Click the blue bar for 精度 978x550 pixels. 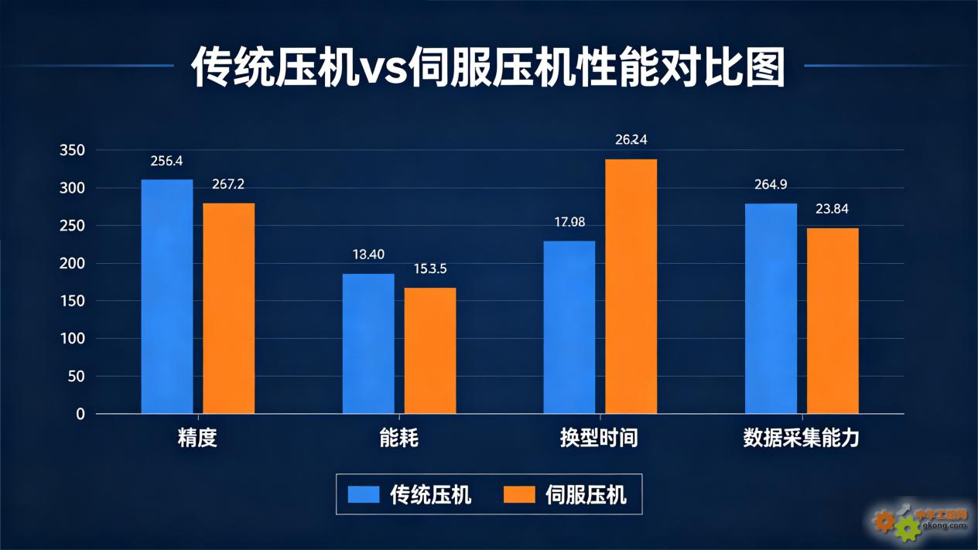coord(167,296)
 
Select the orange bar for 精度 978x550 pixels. coord(229,308)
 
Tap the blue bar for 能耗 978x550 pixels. coord(368,343)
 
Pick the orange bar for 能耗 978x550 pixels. coord(430,350)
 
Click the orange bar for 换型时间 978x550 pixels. coord(631,286)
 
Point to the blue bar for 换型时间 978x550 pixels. coord(569,327)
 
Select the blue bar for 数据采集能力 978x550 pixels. coord(771,309)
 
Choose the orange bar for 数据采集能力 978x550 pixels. coord(833,320)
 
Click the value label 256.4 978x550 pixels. coord(167,161)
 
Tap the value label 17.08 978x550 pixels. coord(569,222)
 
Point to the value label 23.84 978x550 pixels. coord(833,209)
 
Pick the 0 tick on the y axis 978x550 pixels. coord(80,414)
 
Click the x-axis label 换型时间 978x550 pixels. coord(600,439)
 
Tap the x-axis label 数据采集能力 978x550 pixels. coord(801,439)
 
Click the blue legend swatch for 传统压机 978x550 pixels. coord(364,494)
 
